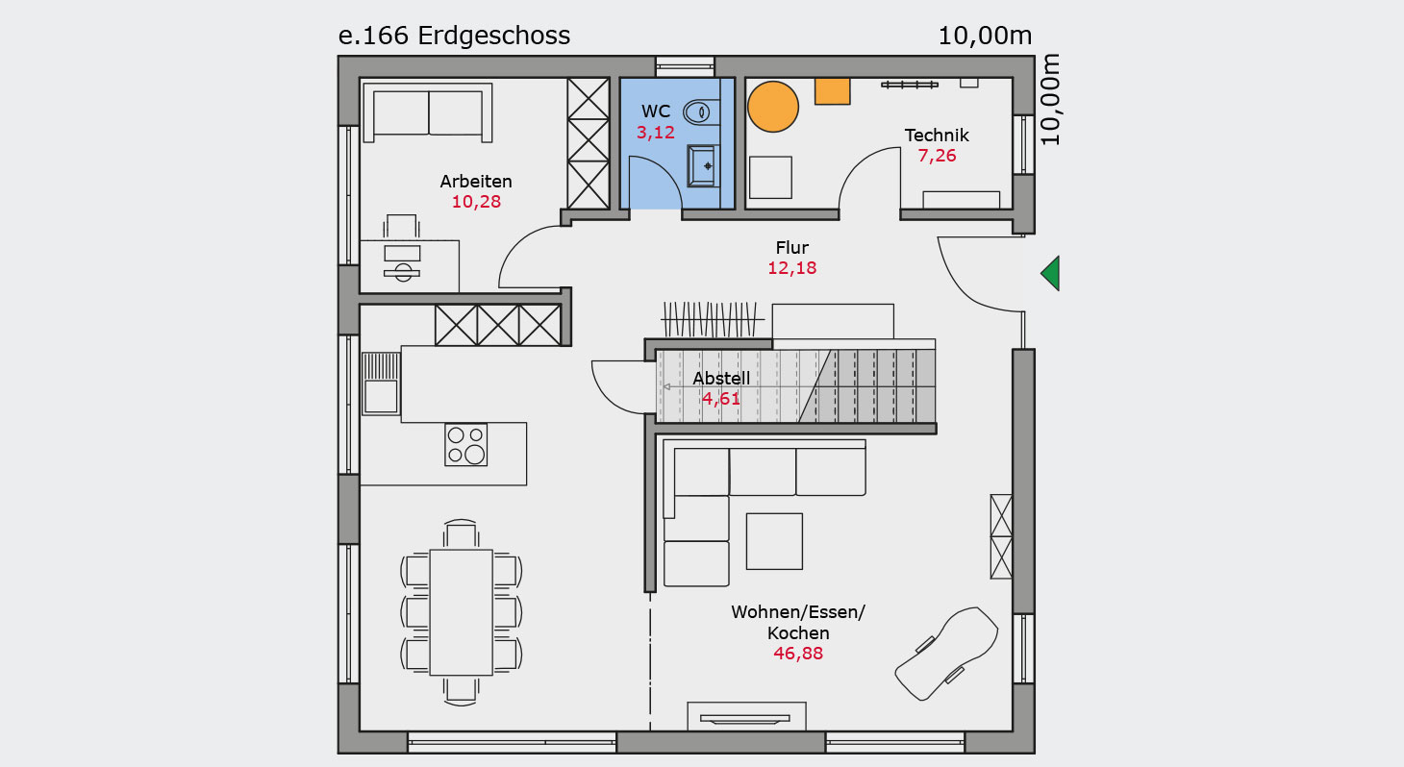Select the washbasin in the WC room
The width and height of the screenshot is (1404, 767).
tap(702, 166)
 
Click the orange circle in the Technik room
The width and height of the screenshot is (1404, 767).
tap(773, 107)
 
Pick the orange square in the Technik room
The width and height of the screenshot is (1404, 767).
tap(833, 91)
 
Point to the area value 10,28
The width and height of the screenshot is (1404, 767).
tap(476, 202)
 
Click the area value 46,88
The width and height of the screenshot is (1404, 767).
tap(798, 654)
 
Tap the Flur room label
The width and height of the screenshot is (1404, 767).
tap(792, 248)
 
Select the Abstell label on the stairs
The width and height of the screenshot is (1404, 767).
tap(721, 379)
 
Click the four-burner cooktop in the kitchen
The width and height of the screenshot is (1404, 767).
tap(465, 444)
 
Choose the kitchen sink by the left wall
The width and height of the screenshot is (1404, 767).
tap(381, 383)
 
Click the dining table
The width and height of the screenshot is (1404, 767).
tap(461, 612)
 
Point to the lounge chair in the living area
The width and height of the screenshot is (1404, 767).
tap(946, 653)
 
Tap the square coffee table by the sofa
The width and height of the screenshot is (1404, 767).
tap(774, 541)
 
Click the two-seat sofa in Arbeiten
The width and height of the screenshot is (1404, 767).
tap(428, 112)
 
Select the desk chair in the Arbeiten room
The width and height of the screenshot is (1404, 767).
tap(401, 226)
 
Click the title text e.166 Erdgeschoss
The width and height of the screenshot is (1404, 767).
tap(455, 36)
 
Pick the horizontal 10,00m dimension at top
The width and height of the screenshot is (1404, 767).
tap(985, 36)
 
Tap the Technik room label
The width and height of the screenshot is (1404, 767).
tap(937, 136)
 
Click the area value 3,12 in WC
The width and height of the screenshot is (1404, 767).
tap(656, 133)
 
